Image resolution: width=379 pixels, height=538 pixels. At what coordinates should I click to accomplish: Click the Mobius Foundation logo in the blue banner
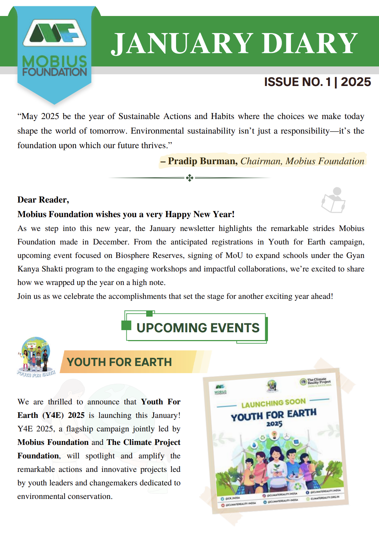click(x=54, y=48)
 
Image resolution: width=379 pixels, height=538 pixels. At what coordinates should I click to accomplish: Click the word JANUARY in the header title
click(x=182, y=43)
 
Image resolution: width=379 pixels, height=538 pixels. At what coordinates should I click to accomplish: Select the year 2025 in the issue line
click(x=356, y=82)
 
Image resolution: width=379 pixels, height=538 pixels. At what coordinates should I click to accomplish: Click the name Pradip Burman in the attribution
click(x=202, y=161)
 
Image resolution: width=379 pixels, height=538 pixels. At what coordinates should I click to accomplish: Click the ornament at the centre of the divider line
click(x=189, y=178)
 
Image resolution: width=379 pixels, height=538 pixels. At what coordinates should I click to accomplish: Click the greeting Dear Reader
click(x=43, y=200)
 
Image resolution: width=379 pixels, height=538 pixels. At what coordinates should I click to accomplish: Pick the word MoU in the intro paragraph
click(x=234, y=255)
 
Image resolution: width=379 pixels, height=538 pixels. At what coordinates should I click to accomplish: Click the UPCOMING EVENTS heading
click(x=198, y=328)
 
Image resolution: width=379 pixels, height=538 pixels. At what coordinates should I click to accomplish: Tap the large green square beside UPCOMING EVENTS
click(x=126, y=325)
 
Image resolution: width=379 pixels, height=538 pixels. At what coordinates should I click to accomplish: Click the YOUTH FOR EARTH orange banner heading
click(x=119, y=362)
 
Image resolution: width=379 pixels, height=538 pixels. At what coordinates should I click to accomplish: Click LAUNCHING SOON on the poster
click(x=273, y=403)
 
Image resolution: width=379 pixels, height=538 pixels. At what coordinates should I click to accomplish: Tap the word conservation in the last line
click(x=90, y=496)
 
